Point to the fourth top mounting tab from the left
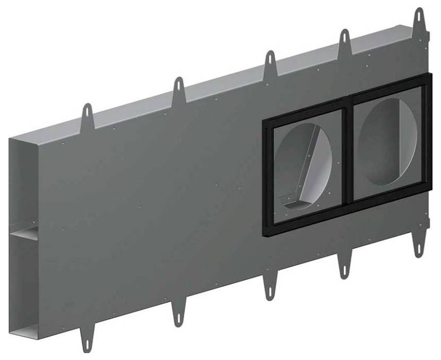coord(345,40)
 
